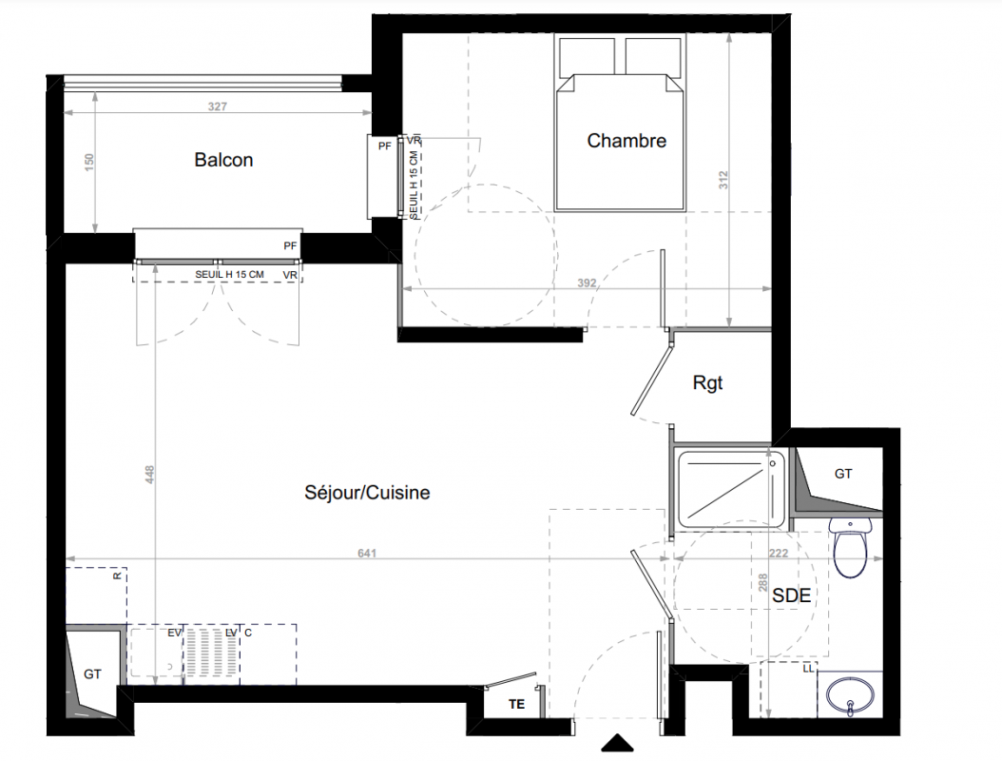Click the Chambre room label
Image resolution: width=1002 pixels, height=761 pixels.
point(626,141)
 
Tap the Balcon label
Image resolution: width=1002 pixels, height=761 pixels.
point(223,160)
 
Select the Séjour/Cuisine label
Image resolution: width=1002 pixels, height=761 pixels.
point(368,493)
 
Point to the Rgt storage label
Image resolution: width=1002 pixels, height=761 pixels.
point(707,382)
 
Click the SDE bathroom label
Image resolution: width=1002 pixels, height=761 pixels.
point(792,595)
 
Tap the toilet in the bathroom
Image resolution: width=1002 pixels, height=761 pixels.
point(851,547)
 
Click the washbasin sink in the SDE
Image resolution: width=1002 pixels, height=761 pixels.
point(851,694)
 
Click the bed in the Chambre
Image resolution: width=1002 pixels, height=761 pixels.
point(620,124)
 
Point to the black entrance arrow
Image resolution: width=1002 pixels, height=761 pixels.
point(617,743)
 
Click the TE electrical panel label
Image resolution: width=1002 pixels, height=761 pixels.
point(516,704)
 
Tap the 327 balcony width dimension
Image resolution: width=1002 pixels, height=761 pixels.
point(218,107)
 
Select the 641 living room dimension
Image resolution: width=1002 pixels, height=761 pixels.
point(367,554)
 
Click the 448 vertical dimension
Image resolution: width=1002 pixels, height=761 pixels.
point(149,474)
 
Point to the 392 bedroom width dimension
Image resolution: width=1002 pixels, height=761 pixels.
point(587,283)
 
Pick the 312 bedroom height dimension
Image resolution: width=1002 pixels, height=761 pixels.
point(723,179)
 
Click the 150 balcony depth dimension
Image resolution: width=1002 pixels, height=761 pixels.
point(88,160)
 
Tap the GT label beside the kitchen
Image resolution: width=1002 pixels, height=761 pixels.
point(92,674)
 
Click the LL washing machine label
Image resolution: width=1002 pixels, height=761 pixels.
point(808,669)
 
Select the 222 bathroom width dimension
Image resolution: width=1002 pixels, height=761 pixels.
point(779,554)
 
